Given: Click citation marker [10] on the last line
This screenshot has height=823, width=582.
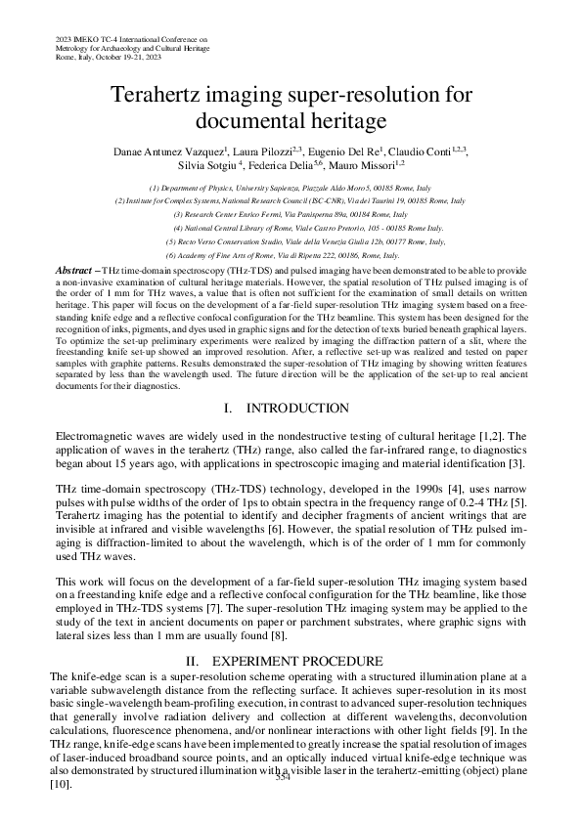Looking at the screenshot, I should pyautogui.click(x=60, y=811).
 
